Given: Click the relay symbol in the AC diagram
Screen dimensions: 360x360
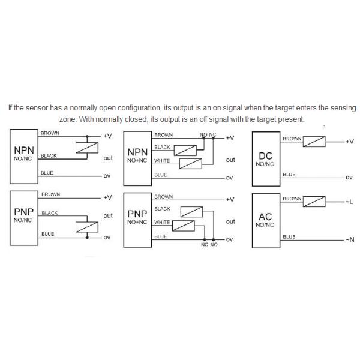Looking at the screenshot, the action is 314,202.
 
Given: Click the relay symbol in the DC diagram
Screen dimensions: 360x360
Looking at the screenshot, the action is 314,142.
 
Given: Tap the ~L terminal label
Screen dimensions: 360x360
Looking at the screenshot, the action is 349,202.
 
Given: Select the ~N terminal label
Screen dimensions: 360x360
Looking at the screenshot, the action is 350,239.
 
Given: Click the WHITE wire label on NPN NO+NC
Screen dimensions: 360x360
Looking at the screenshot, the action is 162,161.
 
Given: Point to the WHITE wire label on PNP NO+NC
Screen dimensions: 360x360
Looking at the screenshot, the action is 162,222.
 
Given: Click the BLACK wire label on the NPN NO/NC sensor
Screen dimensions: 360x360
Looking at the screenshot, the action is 49,155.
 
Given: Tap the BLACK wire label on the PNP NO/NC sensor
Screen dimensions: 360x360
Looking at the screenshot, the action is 50,213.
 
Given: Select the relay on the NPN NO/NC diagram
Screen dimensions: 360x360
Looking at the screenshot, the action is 87,148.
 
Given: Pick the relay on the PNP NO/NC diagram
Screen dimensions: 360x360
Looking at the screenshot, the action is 87,227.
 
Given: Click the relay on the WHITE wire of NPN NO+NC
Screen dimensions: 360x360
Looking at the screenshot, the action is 191,164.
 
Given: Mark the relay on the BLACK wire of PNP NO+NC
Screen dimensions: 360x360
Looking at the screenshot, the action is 192,212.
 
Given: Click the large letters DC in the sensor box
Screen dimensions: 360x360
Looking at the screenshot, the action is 266,156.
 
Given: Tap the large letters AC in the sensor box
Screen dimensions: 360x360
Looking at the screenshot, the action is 265,217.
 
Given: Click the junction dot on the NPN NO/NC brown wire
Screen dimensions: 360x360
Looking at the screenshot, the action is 87,136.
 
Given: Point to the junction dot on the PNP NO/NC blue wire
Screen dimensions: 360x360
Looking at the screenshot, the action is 87,238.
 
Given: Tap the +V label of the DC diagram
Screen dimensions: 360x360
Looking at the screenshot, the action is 350,142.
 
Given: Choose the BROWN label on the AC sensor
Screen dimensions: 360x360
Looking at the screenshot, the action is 292,199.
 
